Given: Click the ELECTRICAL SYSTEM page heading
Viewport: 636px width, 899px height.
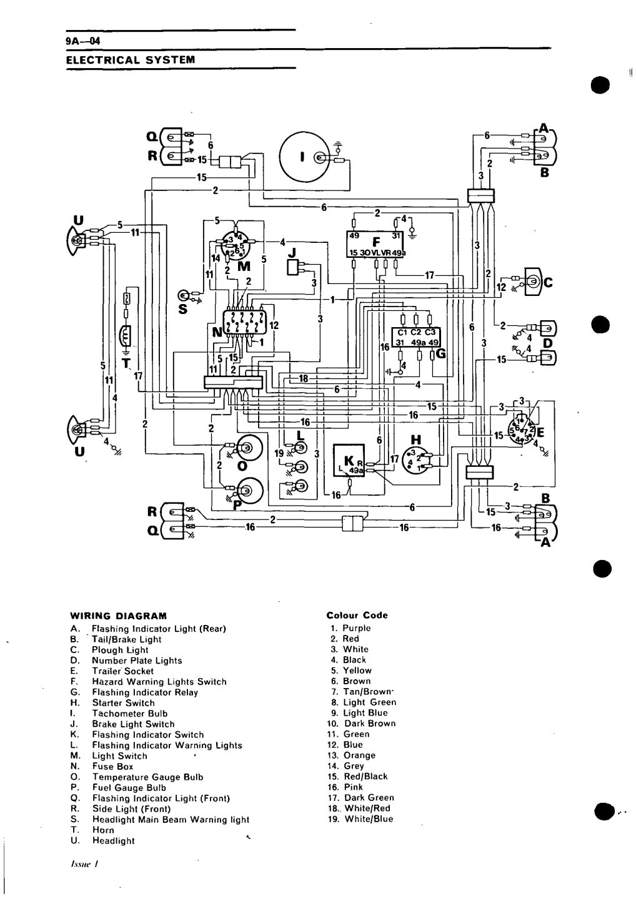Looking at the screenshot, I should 131,60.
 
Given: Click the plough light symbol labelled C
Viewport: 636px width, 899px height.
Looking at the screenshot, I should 534,283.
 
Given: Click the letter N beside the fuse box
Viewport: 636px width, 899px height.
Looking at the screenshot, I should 217,332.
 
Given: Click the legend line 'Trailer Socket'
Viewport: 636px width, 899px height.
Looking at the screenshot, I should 122,671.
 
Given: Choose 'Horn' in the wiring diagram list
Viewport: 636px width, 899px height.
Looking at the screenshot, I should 103,830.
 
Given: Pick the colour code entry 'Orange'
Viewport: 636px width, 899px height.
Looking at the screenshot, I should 360,755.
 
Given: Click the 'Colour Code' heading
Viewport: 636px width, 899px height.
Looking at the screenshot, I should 357,615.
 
